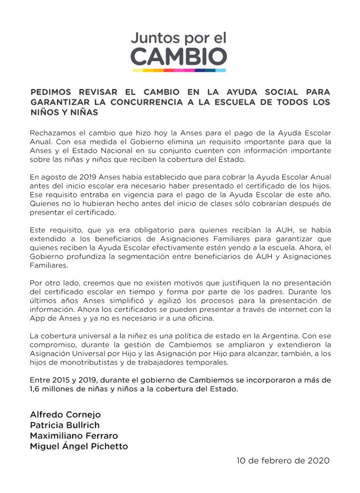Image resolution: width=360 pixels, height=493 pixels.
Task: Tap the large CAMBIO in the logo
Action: point(179,58)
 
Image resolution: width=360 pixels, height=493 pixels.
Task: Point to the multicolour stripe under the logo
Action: point(179,71)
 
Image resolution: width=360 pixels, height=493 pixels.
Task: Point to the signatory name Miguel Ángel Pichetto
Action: point(79,446)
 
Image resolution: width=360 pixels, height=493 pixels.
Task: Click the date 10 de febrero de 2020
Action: point(283,460)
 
